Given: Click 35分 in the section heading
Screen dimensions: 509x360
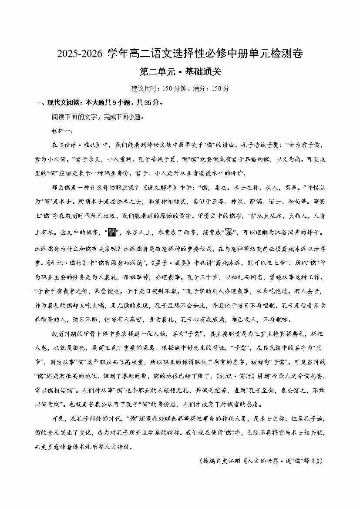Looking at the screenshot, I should click(140, 103).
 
